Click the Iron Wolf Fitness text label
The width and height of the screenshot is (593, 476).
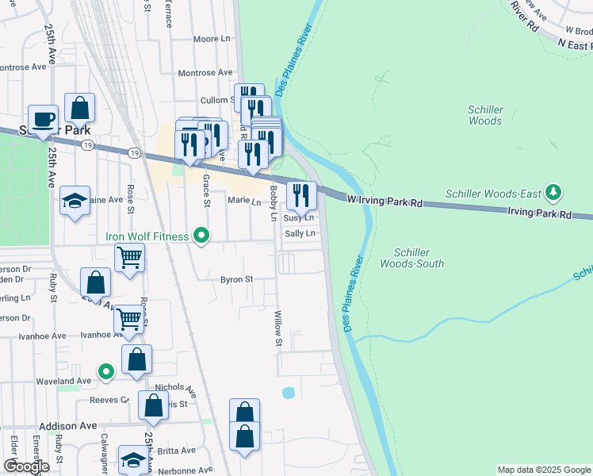tap(147, 236)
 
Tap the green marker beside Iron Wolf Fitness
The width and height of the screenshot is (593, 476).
tap(201, 236)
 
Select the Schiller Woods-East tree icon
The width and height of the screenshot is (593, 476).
tap(553, 193)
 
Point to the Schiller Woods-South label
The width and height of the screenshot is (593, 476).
tap(411, 258)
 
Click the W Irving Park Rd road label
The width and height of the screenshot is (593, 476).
tap(384, 203)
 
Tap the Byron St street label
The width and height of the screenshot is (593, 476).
tap(236, 279)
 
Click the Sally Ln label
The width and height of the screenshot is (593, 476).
tap(300, 233)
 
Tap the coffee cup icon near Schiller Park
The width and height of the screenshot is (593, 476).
tap(43, 119)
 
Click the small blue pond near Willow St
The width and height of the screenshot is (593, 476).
tap(288, 393)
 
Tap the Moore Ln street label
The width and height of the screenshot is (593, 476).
tap(211, 38)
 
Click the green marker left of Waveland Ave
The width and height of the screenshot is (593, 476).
tap(105, 371)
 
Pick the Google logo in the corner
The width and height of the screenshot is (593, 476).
tap(27, 466)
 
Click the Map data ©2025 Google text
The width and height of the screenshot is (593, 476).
tap(543, 470)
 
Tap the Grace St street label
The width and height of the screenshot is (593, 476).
tap(206, 191)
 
